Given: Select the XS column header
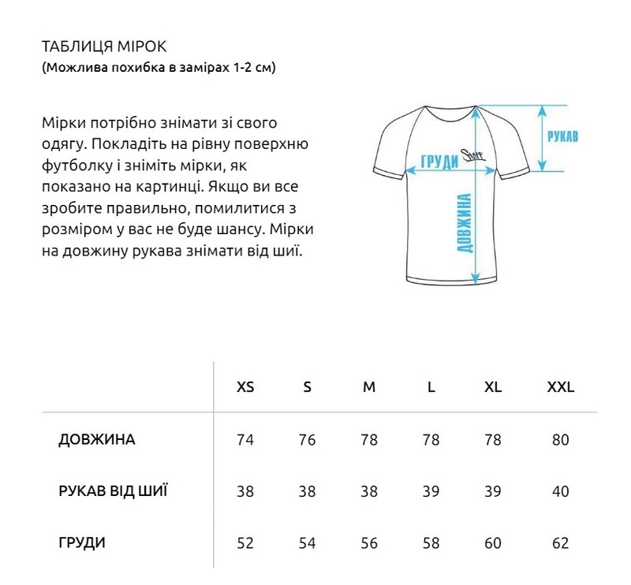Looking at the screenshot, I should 245,388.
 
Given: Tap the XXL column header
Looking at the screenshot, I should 561,388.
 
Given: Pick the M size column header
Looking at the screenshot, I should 369,388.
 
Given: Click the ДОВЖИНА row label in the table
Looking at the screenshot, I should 97,440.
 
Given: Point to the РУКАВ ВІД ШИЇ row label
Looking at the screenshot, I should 113,491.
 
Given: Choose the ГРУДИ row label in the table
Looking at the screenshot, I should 82,543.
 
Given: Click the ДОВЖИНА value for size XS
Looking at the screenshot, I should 245,440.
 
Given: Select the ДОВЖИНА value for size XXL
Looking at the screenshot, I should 561,440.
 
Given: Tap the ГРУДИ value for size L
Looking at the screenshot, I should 431,543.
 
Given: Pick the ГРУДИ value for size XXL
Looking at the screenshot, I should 561,543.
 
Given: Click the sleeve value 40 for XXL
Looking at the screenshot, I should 561,491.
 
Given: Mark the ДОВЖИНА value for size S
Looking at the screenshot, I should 307,440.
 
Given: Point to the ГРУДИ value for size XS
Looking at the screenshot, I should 245,543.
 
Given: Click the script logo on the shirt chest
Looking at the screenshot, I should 477,156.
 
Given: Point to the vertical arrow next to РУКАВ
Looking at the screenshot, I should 543,138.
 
